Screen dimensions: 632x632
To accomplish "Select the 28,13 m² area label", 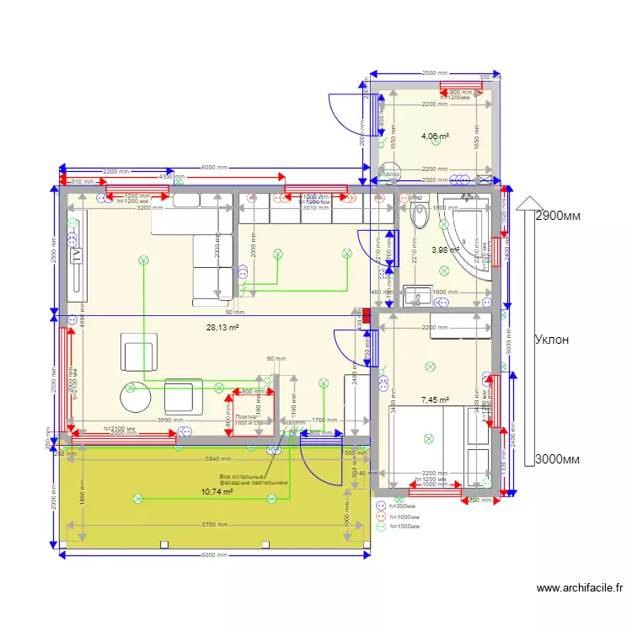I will click(x=222, y=328).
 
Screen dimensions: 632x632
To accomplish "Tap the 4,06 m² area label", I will click(x=435, y=136).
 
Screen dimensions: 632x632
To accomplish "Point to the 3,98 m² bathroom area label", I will click(x=445, y=249).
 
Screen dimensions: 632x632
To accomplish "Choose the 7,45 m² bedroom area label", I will click(x=435, y=400).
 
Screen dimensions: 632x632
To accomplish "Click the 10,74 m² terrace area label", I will click(x=217, y=491).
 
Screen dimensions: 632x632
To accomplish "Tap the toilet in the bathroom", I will click(x=419, y=217).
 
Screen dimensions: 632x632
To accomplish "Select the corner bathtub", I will click(x=468, y=232).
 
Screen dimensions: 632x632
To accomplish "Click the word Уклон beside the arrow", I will click(x=552, y=340).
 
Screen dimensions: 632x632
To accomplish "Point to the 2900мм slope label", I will click(x=562, y=216).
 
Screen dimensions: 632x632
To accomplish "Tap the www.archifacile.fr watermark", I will click(x=579, y=588).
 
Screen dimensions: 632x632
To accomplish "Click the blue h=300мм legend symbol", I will click(x=381, y=506).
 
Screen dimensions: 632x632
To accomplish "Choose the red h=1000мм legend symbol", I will click(x=381, y=516).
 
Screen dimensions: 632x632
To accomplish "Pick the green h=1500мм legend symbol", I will click(x=381, y=526).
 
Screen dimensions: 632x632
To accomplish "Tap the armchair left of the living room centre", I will click(x=138, y=351).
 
